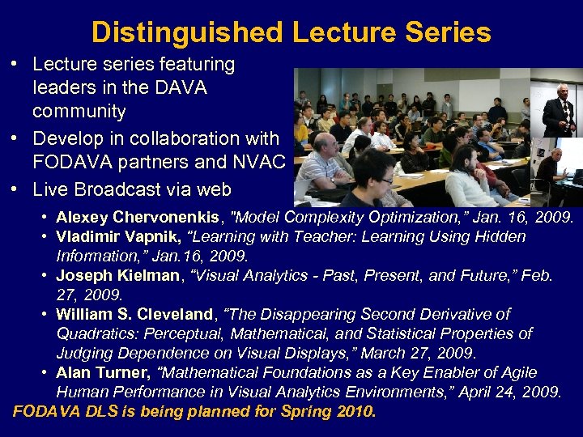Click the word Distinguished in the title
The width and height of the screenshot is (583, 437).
[187, 32]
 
